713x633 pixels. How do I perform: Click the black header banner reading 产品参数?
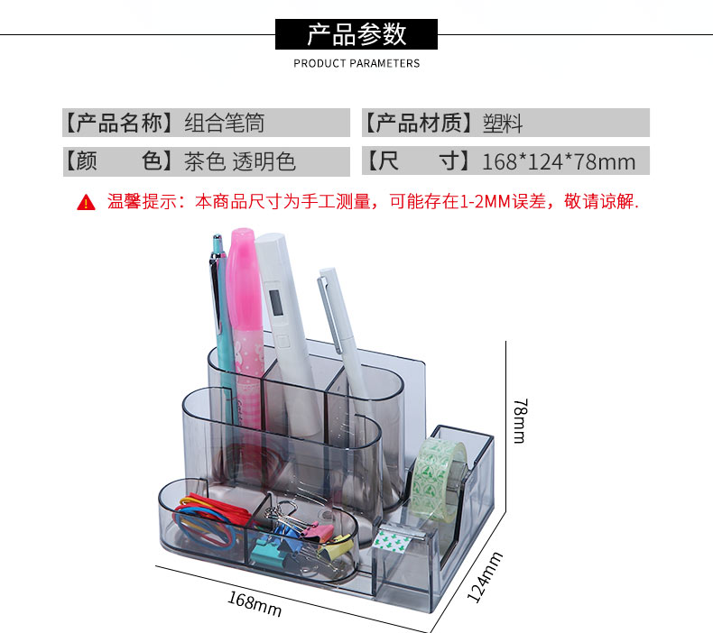pyautogui.click(x=356, y=34)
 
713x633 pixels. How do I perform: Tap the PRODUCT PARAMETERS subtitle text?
pyautogui.click(x=356, y=63)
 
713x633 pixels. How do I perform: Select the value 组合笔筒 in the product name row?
pyautogui.click(x=225, y=123)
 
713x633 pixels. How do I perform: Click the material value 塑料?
pyautogui.click(x=503, y=123)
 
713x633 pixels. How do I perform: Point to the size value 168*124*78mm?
pyautogui.click(x=559, y=161)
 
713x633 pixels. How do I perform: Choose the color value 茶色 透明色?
pyautogui.click(x=240, y=161)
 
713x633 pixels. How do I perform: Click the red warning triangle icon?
pyautogui.click(x=86, y=202)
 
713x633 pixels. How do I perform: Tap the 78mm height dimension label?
pyautogui.click(x=518, y=419)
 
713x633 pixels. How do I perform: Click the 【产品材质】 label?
pyautogui.click(x=419, y=123)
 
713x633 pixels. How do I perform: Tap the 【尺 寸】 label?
pyautogui.click(x=419, y=161)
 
